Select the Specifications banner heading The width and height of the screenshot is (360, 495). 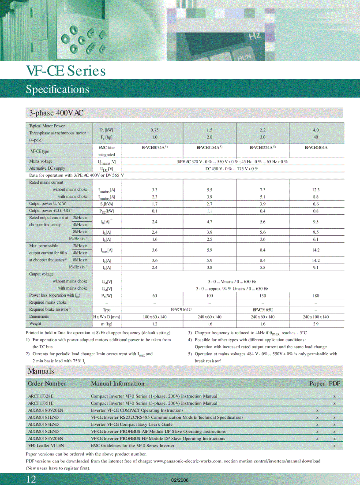coord(57,89)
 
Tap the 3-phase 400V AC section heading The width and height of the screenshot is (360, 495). coord(56,113)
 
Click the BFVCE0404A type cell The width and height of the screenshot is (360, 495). coord(316,148)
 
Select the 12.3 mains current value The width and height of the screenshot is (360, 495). coord(316,190)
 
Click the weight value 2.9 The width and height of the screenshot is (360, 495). coord(316,324)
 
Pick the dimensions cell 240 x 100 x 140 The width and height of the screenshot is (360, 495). coord(316,316)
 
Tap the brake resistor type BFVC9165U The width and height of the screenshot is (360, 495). coord(262,309)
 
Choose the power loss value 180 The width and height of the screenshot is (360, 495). coord(316,295)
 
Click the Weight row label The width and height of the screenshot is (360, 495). coord(35,324)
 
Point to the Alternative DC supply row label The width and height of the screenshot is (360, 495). coord(47,168)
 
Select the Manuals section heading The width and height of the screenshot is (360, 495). coord(41,371)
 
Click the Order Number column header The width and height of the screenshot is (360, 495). coord(47,383)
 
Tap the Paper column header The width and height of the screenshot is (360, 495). coord(317,383)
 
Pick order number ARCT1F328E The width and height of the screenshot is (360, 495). coord(41,396)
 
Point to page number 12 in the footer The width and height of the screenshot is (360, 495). coord(31,480)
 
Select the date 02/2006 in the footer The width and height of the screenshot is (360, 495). coord(180,480)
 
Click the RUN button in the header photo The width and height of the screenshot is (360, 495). coord(244,58)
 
